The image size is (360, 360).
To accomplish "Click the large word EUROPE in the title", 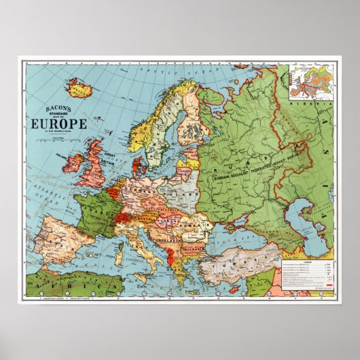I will click(50, 124).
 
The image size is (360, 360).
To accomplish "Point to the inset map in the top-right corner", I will click(310, 82).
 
